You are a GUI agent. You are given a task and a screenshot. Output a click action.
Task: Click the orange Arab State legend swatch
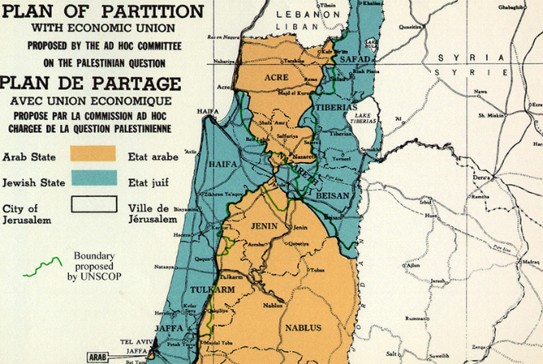click(93, 154)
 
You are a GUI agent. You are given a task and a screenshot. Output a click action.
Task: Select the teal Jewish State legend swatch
click(93, 179)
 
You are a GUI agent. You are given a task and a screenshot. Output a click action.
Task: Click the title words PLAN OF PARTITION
click(102, 12)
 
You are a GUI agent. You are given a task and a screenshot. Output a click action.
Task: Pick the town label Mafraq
click(530, 262)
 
